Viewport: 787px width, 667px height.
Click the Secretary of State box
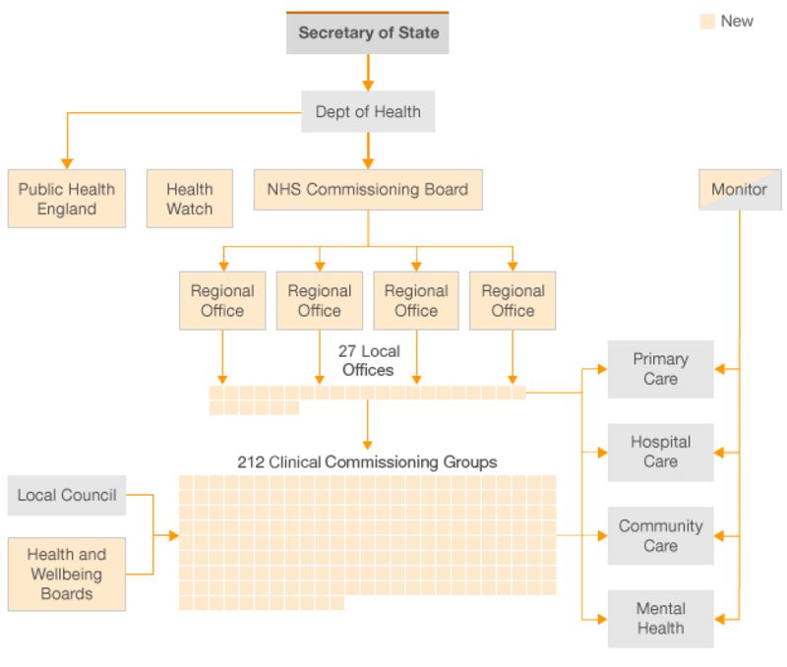coord(368,33)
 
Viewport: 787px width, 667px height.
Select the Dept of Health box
coord(368,112)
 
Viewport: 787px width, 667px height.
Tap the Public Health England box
coord(67,199)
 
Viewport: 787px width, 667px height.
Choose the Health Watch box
coord(189,199)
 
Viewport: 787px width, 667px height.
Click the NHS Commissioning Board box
coord(368,189)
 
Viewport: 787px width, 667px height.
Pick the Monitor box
coord(739,189)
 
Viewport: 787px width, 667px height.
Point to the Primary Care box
coord(660,369)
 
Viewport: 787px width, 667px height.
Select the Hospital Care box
coord(660,452)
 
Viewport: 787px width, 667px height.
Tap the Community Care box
coord(660,535)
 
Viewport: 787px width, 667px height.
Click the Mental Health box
coord(660,618)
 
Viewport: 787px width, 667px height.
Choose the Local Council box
coord(67,495)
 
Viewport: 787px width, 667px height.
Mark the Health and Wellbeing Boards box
coord(67,574)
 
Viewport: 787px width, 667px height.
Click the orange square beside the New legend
coord(707,22)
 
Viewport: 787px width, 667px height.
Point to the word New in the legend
coord(737,21)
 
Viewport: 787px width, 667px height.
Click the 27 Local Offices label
coord(368,360)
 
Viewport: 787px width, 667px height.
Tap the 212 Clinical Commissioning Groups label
coord(367,461)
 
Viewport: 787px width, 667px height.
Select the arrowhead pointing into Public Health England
coord(67,162)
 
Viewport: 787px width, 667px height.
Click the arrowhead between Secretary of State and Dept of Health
coord(368,85)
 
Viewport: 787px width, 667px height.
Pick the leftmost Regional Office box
coord(222,300)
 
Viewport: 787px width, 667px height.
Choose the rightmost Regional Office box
coord(513,300)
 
